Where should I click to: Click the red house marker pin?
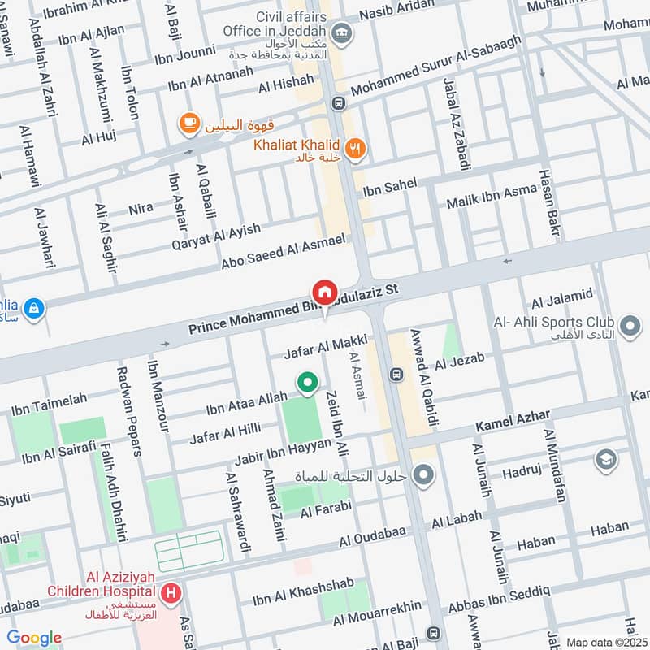[324, 292]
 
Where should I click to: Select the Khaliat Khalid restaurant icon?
[354, 148]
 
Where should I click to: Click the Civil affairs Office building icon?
[343, 32]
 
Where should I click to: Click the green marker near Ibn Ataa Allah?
[306, 383]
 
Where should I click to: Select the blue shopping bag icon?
[33, 308]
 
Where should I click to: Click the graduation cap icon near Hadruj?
[605, 461]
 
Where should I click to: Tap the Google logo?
[34, 638]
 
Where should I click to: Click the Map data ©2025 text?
[607, 642]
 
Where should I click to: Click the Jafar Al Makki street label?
[325, 346]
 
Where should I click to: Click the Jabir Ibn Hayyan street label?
[283, 452]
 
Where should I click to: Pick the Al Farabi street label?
[325, 509]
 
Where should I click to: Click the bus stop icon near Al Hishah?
[336, 103]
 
